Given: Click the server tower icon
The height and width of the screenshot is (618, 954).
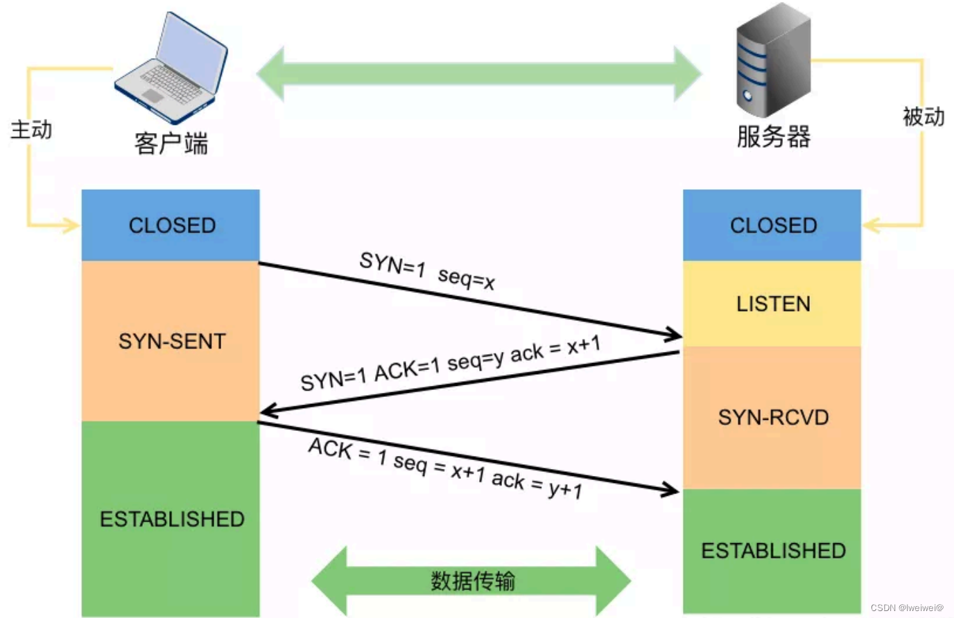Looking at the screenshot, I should click(772, 61).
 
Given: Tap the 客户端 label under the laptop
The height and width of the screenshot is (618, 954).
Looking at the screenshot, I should click(171, 144).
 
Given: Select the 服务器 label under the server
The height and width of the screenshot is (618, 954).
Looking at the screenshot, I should click(773, 136).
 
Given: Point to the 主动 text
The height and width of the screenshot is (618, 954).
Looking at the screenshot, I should click(31, 130).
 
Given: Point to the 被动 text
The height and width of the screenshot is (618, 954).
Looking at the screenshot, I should click(923, 116).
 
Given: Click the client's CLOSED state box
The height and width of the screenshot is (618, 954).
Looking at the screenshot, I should click(171, 225).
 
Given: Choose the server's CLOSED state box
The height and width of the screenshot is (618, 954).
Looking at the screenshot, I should click(772, 225).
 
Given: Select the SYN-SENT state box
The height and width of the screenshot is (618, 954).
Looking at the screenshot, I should click(171, 341).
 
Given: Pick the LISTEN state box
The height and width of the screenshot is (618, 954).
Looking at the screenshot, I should click(772, 303).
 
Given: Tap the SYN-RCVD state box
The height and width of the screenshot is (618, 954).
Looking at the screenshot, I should click(772, 417).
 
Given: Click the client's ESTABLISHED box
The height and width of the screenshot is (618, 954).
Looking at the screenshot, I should click(171, 519).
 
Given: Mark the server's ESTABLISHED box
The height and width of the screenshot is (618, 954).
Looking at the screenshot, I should click(772, 550).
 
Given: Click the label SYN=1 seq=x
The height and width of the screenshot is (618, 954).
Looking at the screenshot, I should click(426, 271).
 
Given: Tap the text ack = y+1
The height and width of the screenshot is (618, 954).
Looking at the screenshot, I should click(537, 484).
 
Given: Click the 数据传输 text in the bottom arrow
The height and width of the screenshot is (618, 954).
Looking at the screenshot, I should click(472, 581).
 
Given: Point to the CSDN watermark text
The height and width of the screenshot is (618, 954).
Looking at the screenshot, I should click(907, 608).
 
